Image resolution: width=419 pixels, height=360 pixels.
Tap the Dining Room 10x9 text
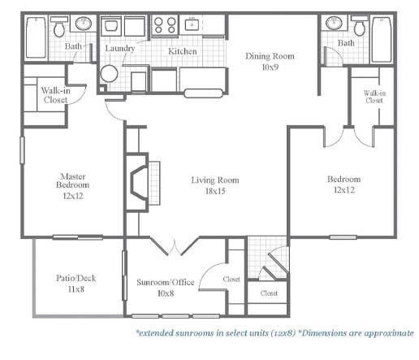[x=270, y=62]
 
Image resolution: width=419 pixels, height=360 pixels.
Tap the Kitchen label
[x=182, y=51]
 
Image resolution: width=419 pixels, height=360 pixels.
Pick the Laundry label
[x=119, y=49]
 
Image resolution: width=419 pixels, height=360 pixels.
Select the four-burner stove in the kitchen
[x=164, y=25]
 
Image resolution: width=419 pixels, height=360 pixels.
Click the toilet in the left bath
[x=59, y=28]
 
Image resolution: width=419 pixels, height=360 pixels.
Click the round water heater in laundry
[x=109, y=73]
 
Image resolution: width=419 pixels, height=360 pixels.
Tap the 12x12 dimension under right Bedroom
[x=343, y=190]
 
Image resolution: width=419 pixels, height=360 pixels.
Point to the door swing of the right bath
[x=330, y=56]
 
